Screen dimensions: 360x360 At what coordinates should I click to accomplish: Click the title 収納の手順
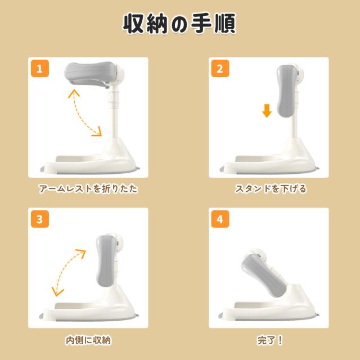(179, 24)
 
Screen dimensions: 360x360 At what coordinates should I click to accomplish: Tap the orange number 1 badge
(40, 69)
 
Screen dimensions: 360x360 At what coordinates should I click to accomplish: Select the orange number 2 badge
(220, 69)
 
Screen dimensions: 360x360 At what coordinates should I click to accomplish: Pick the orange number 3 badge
(40, 219)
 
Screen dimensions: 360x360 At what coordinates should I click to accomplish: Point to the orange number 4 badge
(220, 219)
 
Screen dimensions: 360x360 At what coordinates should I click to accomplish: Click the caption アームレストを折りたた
(88, 189)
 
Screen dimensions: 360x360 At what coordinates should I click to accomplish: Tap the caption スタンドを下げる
(271, 189)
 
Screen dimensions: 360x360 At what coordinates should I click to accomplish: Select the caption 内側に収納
(88, 340)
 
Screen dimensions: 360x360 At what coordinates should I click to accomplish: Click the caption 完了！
(269, 340)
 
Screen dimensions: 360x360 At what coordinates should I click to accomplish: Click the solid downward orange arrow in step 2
(267, 111)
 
